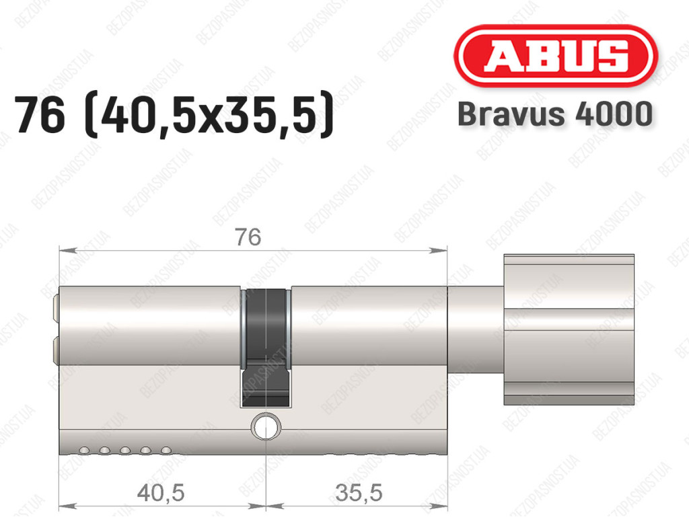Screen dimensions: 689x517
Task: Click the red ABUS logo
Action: (555, 56)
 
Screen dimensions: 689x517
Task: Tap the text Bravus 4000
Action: (555, 114)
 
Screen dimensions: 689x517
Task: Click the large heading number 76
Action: (40, 116)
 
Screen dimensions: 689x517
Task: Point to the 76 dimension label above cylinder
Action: (248, 237)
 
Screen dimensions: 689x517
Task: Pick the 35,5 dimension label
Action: (359, 492)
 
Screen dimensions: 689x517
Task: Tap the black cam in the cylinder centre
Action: (266, 348)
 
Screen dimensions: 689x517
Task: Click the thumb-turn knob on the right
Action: (569, 329)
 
